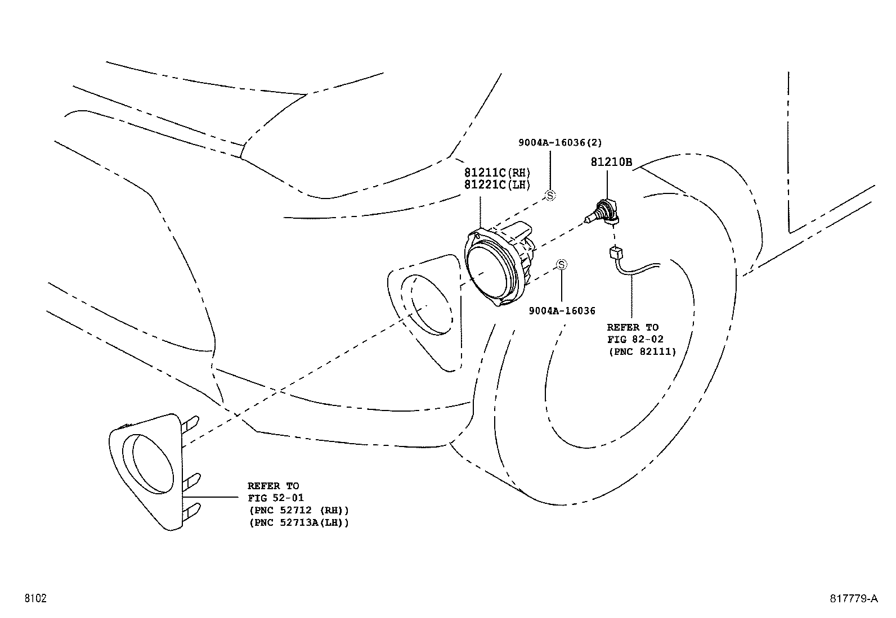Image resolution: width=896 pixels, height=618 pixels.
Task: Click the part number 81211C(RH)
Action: point(498,172)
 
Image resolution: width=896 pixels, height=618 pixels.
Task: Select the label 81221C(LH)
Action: point(498,184)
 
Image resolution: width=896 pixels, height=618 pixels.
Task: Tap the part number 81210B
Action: point(611,163)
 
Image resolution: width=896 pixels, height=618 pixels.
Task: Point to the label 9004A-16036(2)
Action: point(556,143)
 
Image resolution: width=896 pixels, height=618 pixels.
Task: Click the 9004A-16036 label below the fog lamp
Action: point(562,310)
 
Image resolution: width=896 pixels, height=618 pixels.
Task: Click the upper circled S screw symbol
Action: point(550,195)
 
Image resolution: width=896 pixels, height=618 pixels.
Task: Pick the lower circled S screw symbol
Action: point(561,265)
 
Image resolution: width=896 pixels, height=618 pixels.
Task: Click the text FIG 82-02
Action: point(635,339)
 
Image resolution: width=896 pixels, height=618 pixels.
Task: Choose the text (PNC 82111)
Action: point(642,351)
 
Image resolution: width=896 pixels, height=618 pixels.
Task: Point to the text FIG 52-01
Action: point(276,498)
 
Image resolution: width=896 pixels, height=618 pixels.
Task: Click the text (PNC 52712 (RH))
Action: point(298,510)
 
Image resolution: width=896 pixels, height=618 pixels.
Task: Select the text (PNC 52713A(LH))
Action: point(298,522)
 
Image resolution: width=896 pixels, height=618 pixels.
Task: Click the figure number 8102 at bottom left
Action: point(35,598)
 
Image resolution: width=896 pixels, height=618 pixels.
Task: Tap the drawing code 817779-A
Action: point(853,598)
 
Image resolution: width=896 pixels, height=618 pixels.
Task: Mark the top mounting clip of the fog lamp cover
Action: point(190,423)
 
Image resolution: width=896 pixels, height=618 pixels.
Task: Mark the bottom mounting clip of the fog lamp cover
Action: point(190,511)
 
